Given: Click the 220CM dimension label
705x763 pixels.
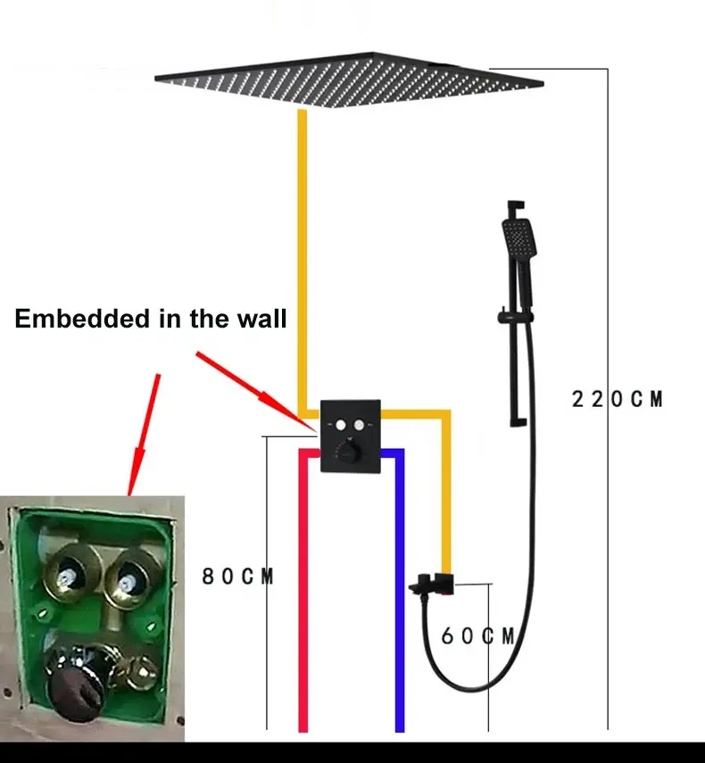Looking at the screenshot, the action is click(x=617, y=399).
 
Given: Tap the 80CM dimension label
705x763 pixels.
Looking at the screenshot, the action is click(x=237, y=576).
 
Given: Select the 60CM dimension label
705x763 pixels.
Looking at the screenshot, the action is click(x=477, y=636).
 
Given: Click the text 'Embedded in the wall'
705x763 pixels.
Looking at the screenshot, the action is click(x=150, y=319).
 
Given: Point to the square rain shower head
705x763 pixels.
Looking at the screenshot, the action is click(x=349, y=79).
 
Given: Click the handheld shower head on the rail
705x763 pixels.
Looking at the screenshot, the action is click(x=518, y=238).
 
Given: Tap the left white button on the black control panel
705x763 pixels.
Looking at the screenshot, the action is click(x=341, y=426).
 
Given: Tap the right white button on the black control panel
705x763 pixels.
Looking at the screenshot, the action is click(x=359, y=426).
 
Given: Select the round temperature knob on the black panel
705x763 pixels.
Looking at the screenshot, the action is click(x=349, y=450).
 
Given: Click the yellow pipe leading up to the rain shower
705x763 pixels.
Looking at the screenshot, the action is click(x=303, y=262).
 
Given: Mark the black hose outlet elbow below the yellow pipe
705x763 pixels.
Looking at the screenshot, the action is click(x=432, y=584).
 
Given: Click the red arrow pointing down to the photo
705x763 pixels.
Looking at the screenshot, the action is click(x=144, y=435).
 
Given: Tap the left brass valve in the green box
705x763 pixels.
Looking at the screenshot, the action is click(x=70, y=574).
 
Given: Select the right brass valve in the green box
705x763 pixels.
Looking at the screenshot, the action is click(x=132, y=576).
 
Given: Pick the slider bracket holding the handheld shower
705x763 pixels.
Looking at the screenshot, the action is click(x=515, y=318).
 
